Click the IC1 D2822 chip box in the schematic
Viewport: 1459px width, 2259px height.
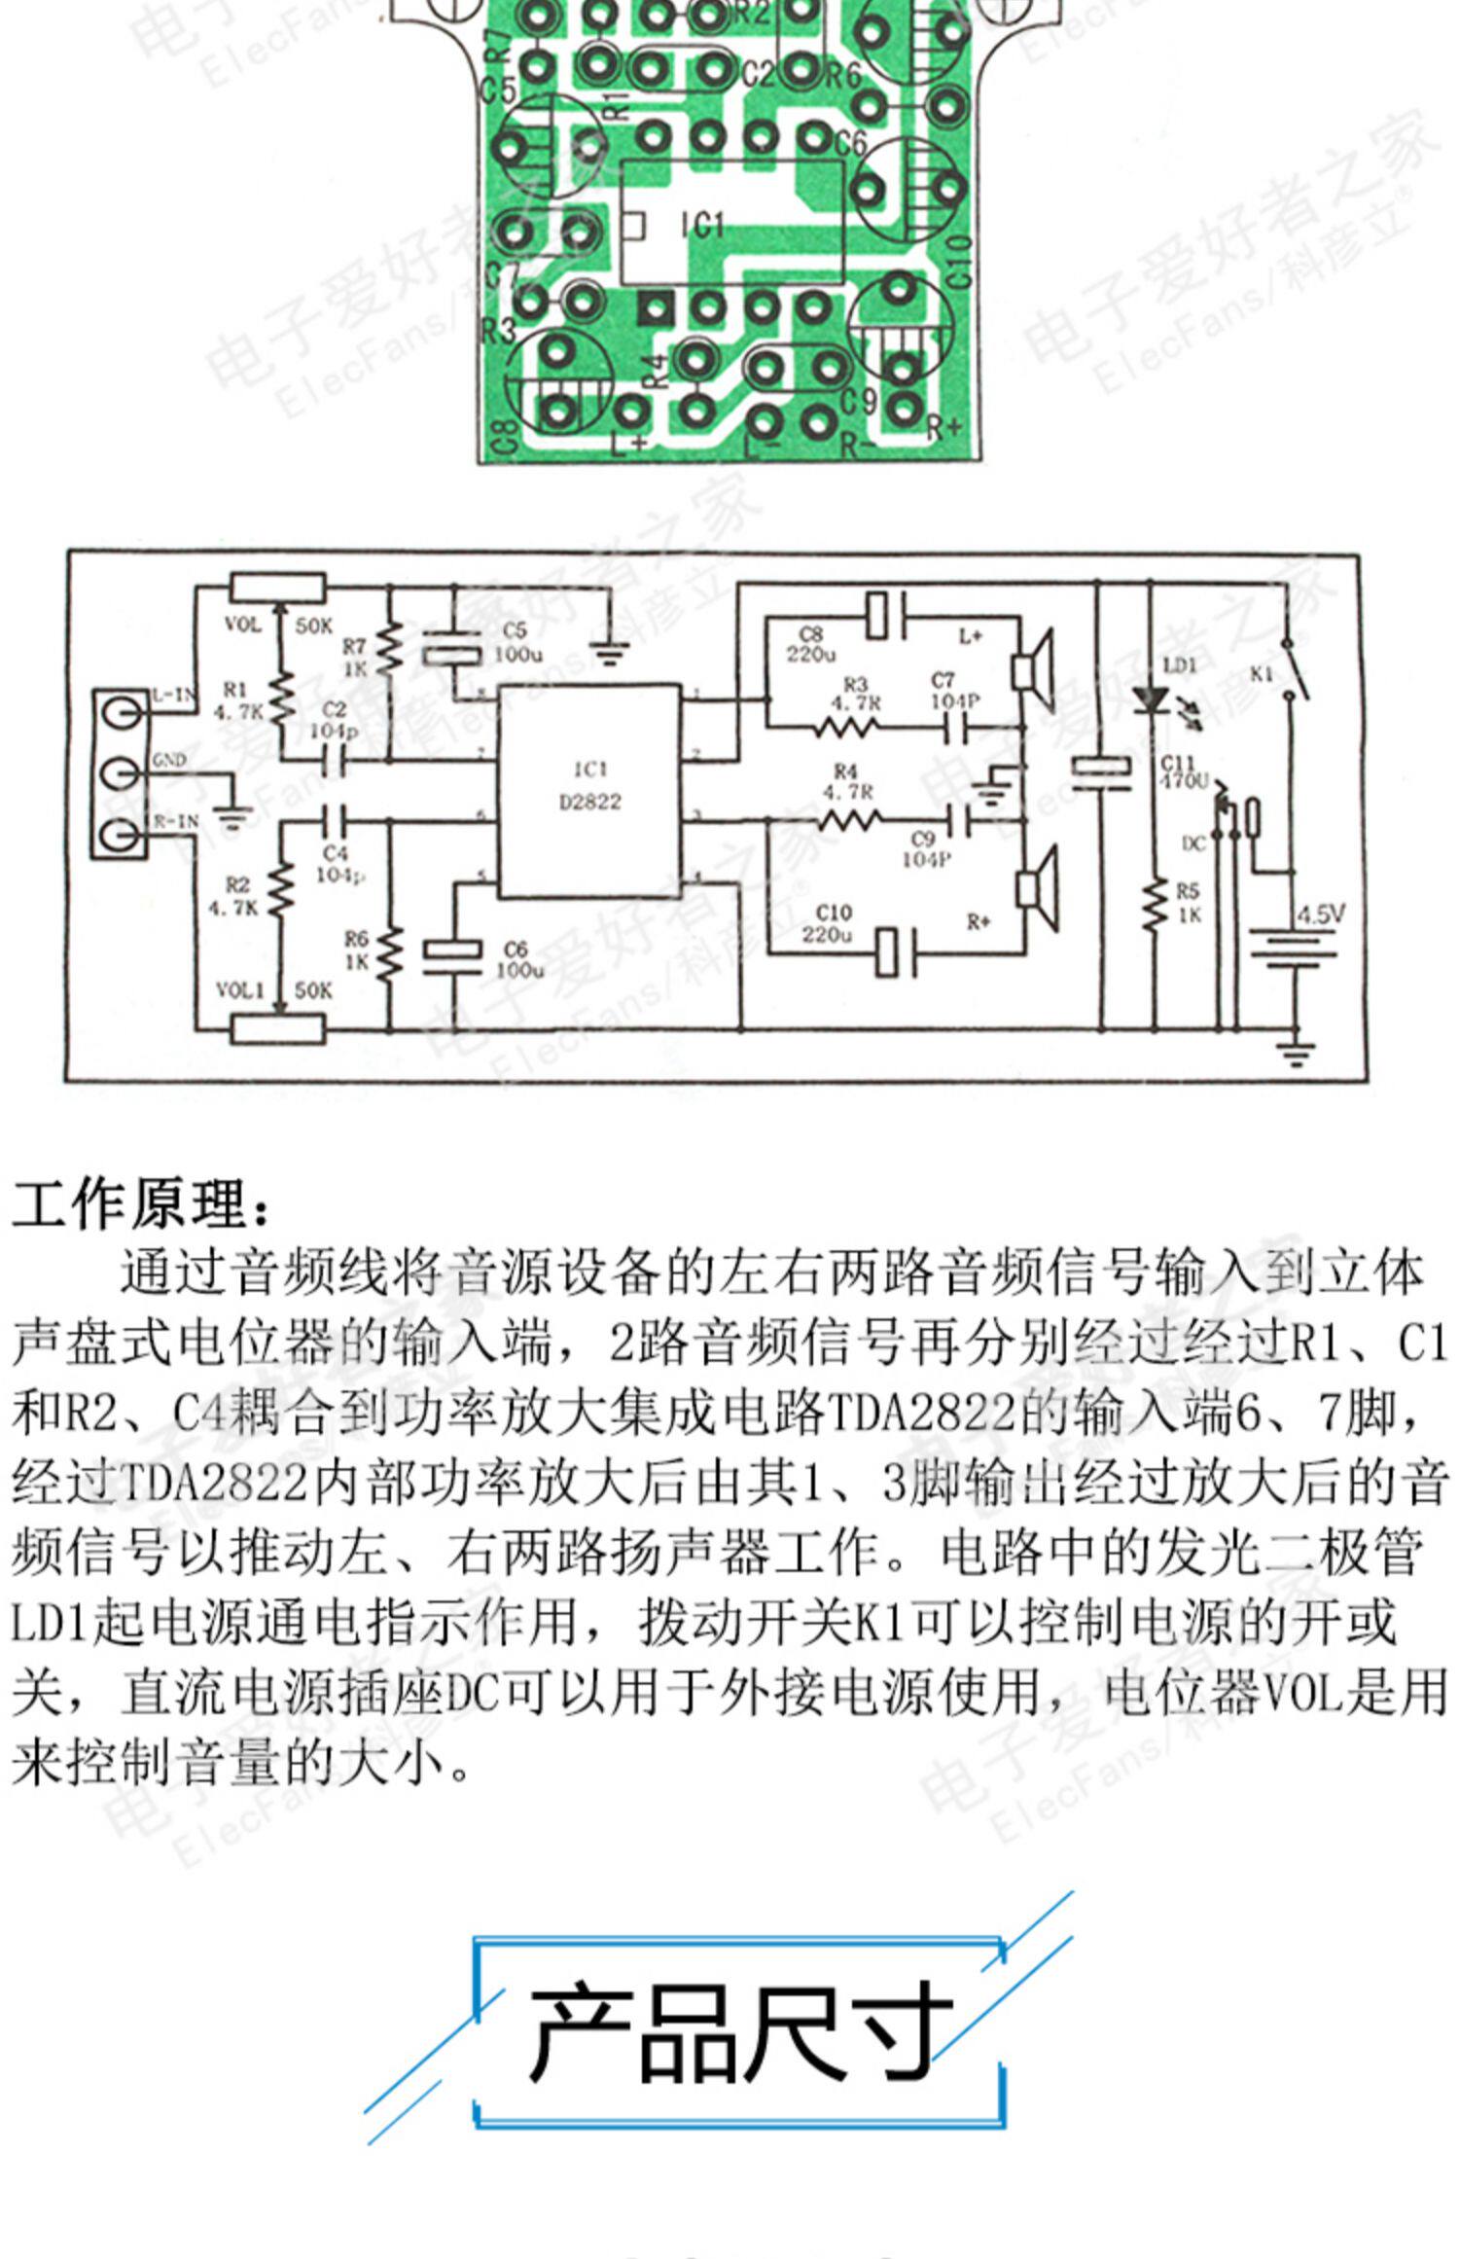(589, 790)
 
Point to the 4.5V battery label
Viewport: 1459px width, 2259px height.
(1321, 914)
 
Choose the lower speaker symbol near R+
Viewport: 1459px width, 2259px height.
(1036, 888)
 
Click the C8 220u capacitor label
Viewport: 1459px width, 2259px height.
(810, 645)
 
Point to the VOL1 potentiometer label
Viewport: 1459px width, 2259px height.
(239, 990)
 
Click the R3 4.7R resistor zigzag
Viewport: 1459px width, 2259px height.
(848, 727)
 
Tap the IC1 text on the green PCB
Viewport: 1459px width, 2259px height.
(701, 225)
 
